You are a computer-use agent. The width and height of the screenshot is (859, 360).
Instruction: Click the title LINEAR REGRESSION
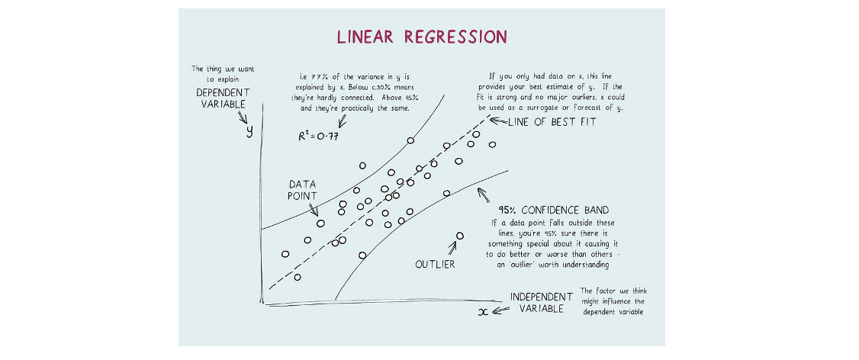[422, 37]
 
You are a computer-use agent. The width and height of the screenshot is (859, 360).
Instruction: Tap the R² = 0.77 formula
[318, 137]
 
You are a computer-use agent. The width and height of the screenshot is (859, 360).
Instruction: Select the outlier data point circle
[459, 236]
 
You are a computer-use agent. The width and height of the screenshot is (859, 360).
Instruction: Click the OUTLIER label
[435, 264]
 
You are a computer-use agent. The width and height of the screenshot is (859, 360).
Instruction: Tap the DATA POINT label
[301, 191]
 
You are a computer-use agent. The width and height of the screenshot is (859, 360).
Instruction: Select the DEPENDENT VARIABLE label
[222, 98]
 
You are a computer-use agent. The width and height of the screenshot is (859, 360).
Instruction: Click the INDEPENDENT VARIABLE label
[541, 302]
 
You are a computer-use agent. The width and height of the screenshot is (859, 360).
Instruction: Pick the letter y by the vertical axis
[249, 130]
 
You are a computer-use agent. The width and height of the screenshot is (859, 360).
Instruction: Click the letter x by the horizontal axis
[482, 311]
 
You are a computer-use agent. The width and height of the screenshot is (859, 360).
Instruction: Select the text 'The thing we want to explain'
[222, 73]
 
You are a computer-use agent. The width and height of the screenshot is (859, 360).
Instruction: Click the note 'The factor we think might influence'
[612, 301]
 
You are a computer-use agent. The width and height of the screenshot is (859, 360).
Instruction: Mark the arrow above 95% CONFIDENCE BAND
[482, 194]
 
